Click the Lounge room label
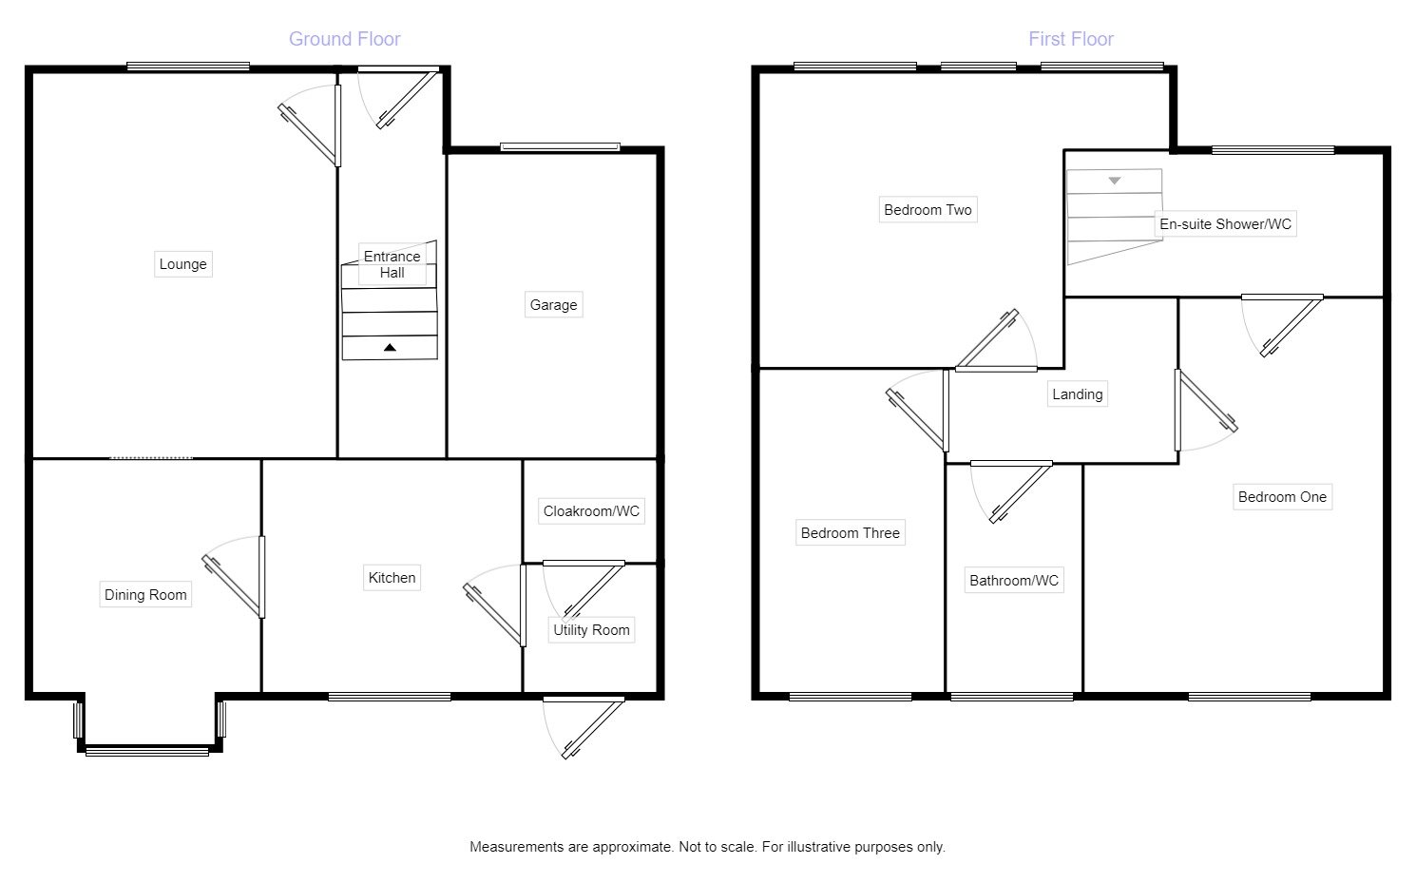(182, 264)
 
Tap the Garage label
(553, 305)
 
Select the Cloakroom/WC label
(591, 511)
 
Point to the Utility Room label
(591, 630)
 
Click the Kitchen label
(392, 578)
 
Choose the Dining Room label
(145, 595)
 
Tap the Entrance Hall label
(392, 264)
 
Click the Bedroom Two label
(928, 210)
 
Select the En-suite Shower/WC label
(1225, 224)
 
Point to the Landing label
(1077, 394)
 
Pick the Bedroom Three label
(850, 533)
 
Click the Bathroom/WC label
(1013, 581)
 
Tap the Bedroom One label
(1282, 497)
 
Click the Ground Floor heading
(344, 39)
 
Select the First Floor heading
(1070, 39)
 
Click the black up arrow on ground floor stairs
(390, 348)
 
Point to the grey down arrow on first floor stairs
(1115, 180)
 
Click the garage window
(561, 146)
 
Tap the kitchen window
(390, 697)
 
